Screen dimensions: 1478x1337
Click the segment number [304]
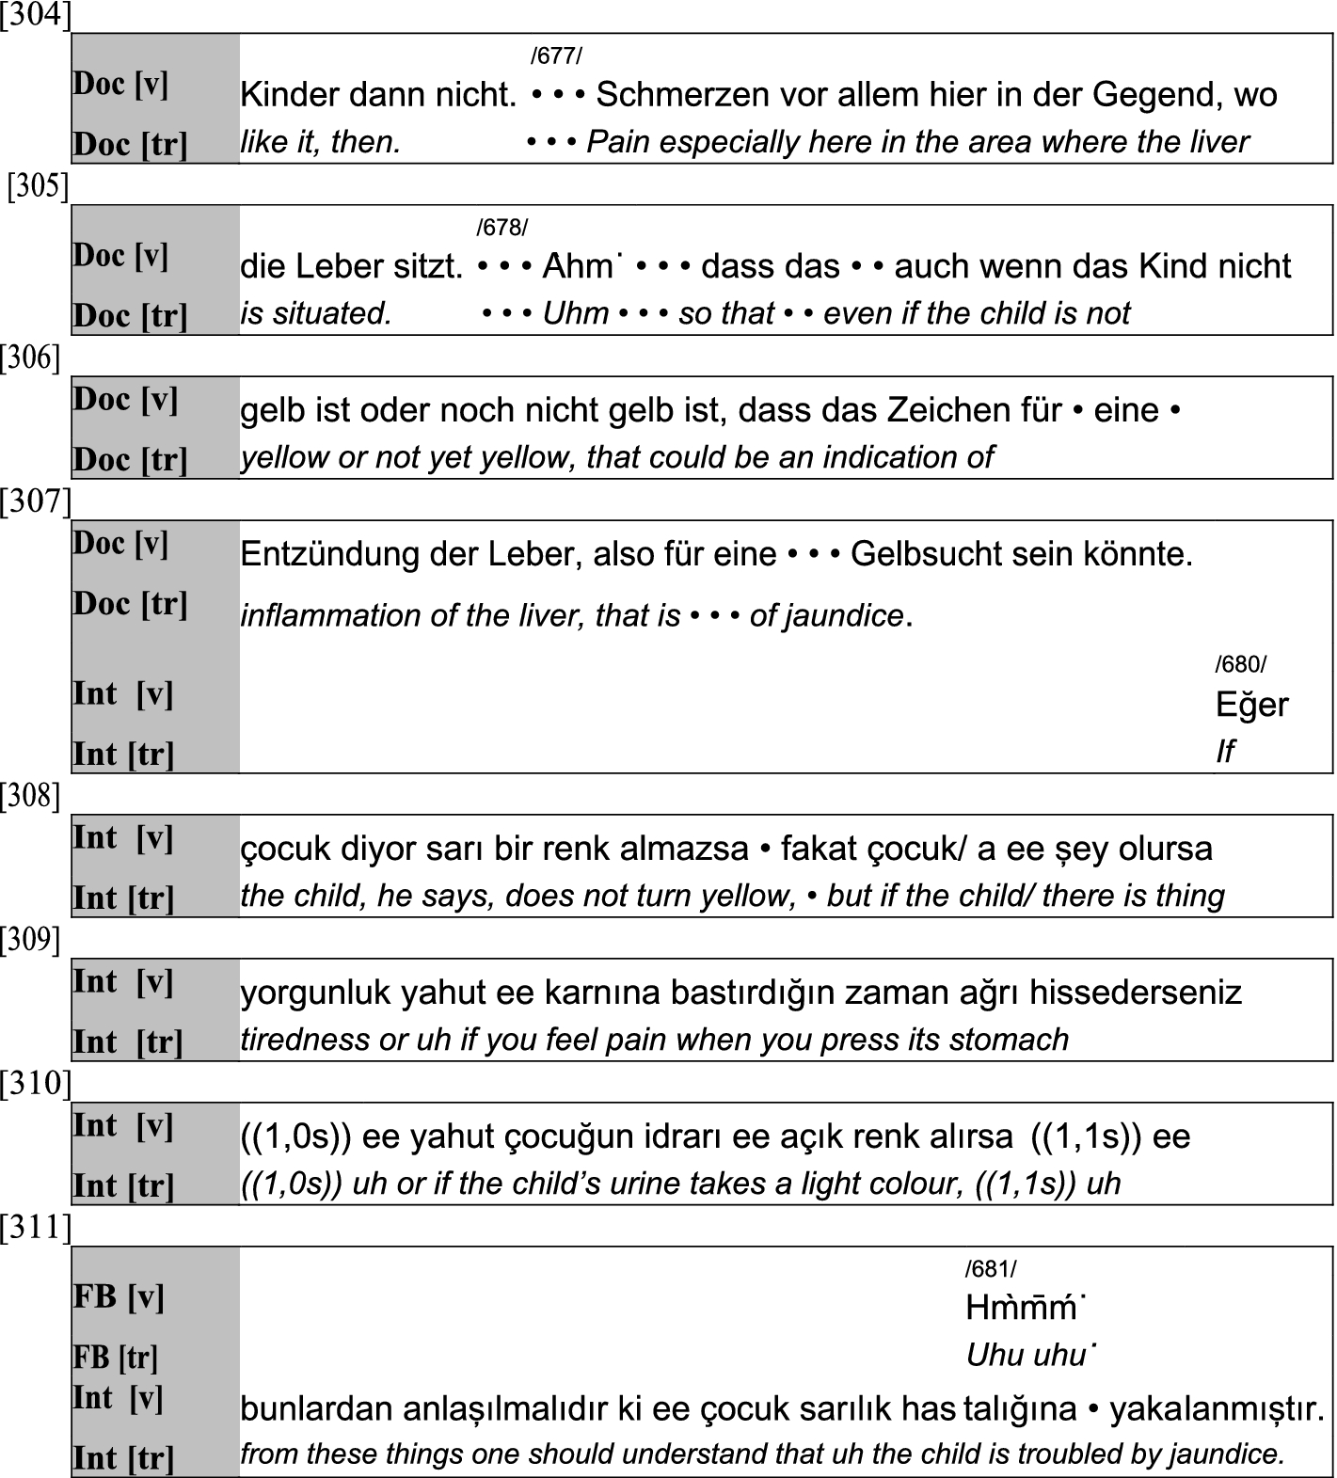(36, 16)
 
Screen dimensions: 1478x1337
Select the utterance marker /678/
(501, 228)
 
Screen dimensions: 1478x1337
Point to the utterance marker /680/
(1240, 664)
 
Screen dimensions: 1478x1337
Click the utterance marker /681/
(991, 1269)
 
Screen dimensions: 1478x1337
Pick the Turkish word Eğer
(1251, 705)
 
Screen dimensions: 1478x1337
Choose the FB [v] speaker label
(119, 1297)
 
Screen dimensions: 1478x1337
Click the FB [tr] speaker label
(115, 1358)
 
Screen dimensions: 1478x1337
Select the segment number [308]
(30, 797)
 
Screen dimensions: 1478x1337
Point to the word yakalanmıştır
(1217, 1409)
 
